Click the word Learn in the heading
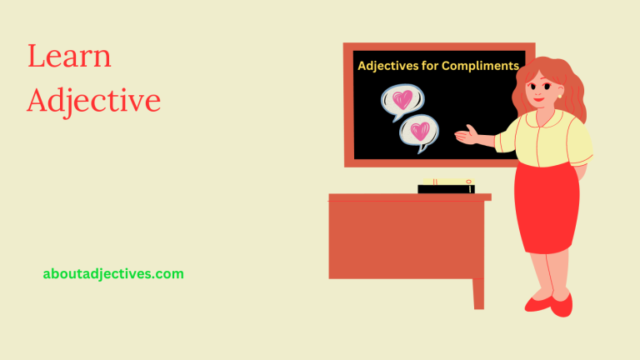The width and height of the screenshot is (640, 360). [69, 57]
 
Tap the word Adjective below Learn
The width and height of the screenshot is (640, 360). [93, 101]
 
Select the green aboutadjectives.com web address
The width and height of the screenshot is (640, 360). [113, 273]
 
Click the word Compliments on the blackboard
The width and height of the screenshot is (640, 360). [483, 65]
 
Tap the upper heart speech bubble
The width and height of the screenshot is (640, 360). [402, 101]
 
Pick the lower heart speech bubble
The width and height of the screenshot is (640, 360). [420, 132]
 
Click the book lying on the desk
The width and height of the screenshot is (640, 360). [446, 186]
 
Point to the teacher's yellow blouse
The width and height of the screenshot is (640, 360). [550, 137]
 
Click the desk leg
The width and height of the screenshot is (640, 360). [478, 292]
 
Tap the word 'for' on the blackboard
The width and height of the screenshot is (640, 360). [435, 65]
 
